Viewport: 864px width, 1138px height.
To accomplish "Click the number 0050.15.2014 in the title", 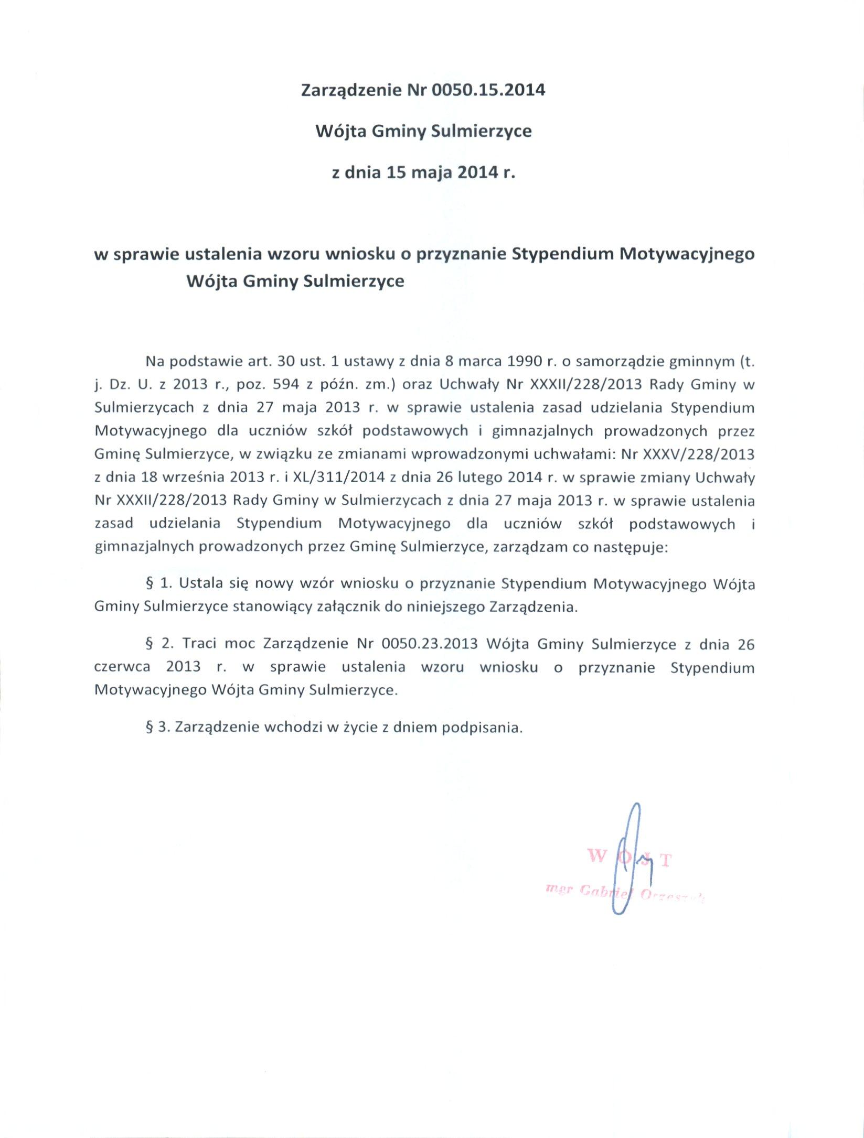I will click(488, 90).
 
